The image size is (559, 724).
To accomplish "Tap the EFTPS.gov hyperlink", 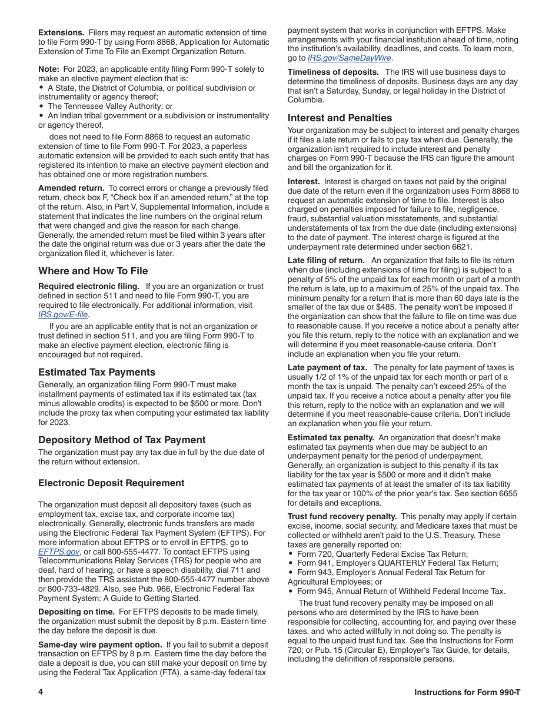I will (59, 552).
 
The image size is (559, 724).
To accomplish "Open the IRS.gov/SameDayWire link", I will (350, 58).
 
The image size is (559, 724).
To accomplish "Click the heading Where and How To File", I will (93, 271).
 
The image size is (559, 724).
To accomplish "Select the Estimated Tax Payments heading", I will (97, 372).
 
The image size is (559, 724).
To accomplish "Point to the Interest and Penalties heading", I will (340, 118).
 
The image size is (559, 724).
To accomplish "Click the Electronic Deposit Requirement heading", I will (111, 483).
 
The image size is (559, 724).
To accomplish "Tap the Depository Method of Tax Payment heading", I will (122, 440).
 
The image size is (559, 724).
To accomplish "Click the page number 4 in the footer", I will (41, 692).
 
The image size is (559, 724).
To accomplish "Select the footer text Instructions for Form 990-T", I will (467, 692).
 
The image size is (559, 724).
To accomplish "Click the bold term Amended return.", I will (71, 188).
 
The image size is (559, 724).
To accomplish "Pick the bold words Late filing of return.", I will (326, 260).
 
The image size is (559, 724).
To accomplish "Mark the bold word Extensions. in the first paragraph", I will (61, 32).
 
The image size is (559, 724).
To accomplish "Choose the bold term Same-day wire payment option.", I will (100, 645).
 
